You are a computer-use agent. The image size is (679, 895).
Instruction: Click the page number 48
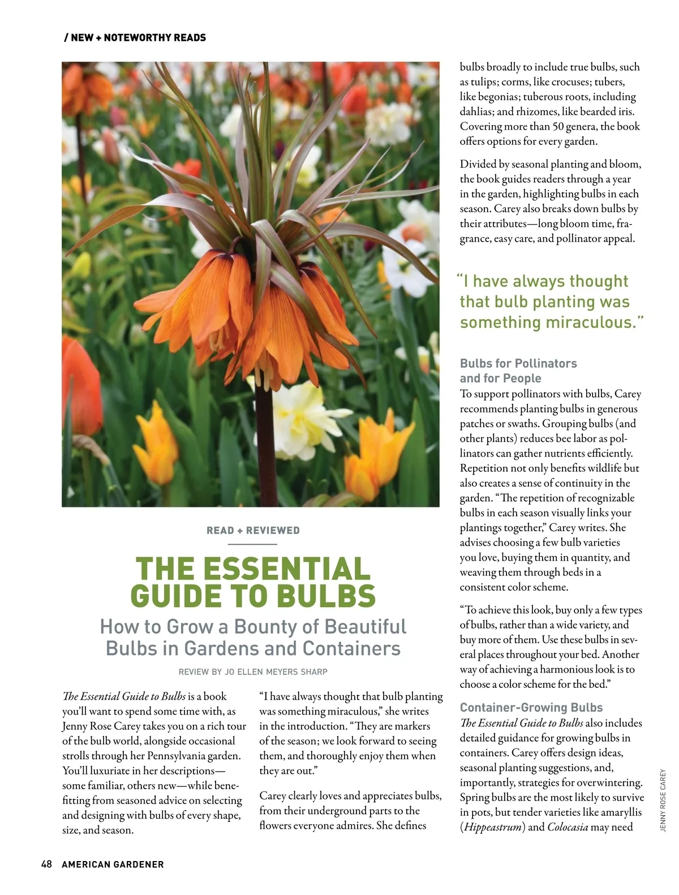[46, 864]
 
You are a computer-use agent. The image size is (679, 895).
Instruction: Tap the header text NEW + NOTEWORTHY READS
[138, 38]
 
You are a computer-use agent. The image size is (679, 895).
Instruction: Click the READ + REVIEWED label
[253, 531]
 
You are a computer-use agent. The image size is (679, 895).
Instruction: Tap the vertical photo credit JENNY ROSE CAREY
[663, 800]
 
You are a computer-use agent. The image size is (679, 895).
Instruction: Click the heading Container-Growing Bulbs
[531, 707]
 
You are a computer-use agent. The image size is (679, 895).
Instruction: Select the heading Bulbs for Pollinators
[518, 363]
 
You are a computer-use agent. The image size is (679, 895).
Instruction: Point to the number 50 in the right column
[559, 126]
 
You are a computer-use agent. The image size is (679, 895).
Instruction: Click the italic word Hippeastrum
[493, 827]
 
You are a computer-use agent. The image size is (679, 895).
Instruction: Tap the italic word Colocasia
[568, 827]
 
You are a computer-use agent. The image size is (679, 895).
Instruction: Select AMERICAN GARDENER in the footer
[113, 864]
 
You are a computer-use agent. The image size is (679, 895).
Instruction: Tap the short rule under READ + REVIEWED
[252, 544]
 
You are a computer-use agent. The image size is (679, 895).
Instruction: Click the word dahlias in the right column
[476, 111]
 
